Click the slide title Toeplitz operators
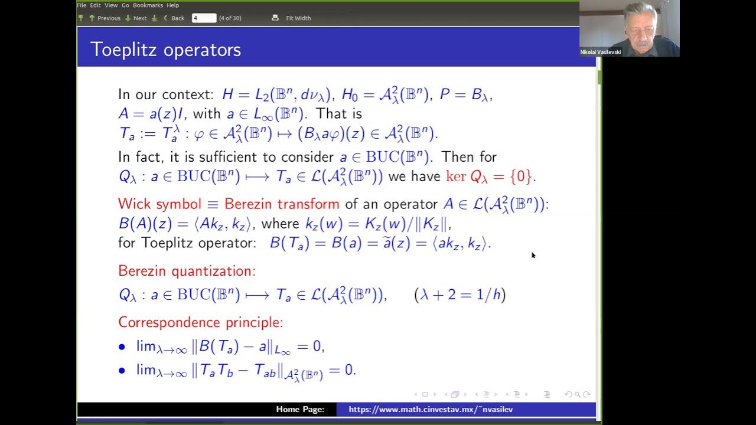165,50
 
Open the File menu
82,5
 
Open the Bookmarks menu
148,5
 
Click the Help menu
172,5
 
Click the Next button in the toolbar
139,18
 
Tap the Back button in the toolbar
177,18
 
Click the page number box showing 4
204,18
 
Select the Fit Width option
298,18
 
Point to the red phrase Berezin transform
281,204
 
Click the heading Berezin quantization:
187,271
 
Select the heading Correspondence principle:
200,322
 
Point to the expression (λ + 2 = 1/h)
460,295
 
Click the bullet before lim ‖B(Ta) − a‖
122,346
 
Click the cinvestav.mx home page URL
431,409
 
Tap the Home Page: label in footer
300,409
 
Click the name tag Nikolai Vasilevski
601,52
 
